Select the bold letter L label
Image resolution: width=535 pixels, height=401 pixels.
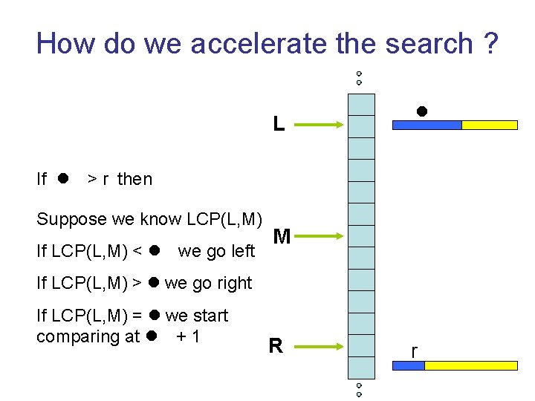pyautogui.click(x=279, y=124)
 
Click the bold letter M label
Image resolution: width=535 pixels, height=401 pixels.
pyautogui.click(x=282, y=237)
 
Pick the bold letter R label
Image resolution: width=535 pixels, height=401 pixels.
pyautogui.click(x=276, y=346)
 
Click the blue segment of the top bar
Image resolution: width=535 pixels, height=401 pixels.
pyautogui.click(x=427, y=125)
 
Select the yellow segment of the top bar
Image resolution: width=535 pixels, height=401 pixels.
pyautogui.click(x=490, y=125)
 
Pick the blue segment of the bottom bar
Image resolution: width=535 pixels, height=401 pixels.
pyautogui.click(x=408, y=365)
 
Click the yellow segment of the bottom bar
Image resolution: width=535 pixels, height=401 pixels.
pyautogui.click(x=470, y=365)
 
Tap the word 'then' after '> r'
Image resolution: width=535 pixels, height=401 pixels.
pyautogui.click(x=134, y=179)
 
